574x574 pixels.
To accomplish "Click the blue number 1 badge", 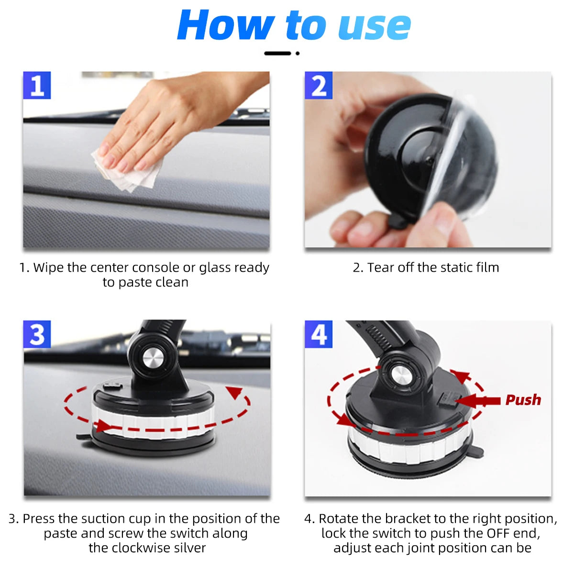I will [37, 86].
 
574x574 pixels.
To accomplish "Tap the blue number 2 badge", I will [319, 86].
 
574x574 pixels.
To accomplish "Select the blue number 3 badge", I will [37, 334].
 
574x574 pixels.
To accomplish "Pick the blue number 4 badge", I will [319, 334].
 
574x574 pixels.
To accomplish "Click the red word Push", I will [523, 400].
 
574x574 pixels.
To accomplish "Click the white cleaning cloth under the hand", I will [127, 172].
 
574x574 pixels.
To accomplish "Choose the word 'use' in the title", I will [374, 26].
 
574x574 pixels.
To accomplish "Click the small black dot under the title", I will [298, 54].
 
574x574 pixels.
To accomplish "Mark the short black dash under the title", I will [277, 54].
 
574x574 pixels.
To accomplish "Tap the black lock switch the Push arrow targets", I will [447, 399].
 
